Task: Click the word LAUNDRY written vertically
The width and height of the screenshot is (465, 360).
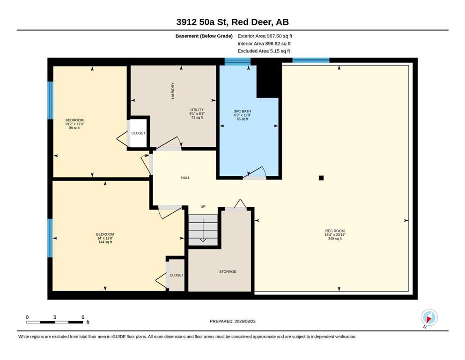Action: point(173,91)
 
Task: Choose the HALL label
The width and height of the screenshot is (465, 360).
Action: point(185,178)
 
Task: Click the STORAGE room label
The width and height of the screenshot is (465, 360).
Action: point(228,271)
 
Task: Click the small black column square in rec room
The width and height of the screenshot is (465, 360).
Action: point(321,178)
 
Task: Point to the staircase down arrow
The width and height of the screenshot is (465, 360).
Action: point(203,230)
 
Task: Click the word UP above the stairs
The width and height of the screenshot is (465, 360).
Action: point(203,207)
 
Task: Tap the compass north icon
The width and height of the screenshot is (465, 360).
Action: point(429,318)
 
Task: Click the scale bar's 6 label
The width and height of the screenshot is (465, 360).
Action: point(83,317)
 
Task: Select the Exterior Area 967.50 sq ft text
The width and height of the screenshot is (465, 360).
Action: point(265,36)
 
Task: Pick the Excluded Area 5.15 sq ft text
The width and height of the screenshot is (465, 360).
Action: point(264,51)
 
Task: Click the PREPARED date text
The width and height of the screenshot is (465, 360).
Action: point(232,321)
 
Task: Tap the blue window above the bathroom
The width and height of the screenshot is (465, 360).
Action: point(237,61)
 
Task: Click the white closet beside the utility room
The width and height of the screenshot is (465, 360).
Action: point(139,133)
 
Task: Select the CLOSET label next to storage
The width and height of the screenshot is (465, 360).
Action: point(177,275)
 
